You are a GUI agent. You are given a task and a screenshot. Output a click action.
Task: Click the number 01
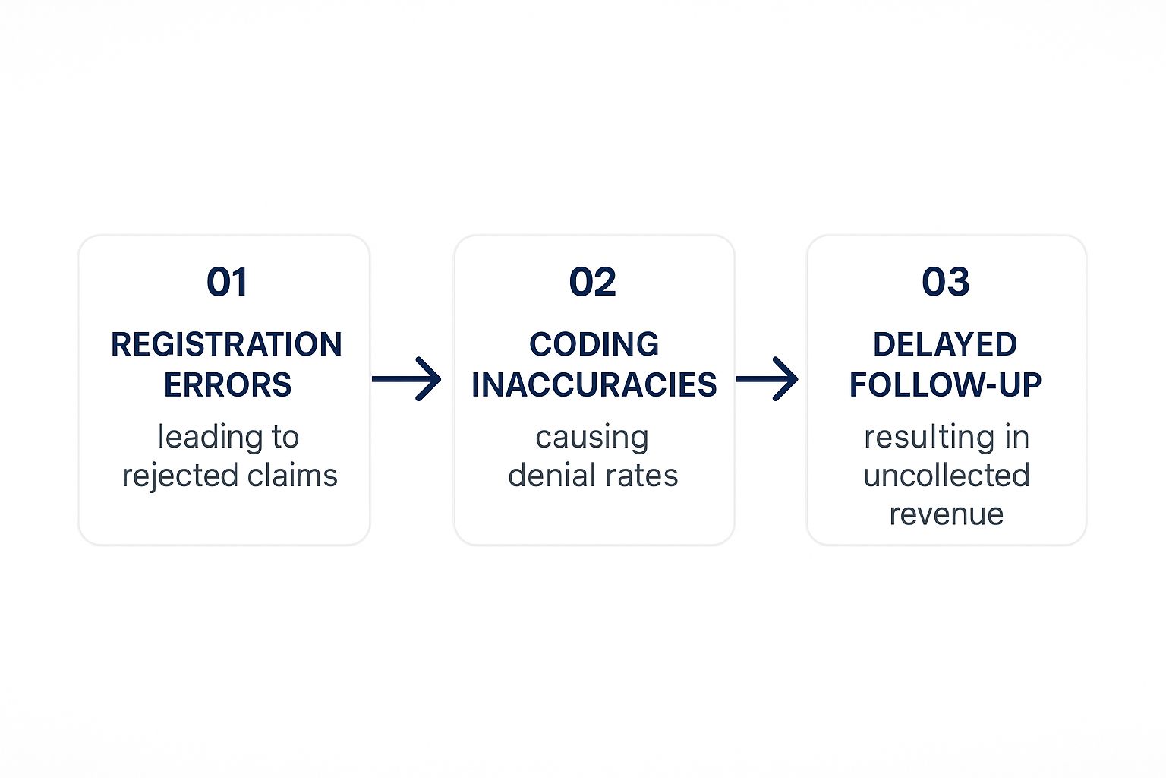[227, 282]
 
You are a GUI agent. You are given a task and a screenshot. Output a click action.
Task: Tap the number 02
[592, 282]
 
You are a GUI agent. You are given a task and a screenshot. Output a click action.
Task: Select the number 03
[945, 282]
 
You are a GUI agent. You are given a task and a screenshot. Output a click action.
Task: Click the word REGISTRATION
[226, 344]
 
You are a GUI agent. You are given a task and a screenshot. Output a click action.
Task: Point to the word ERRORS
[228, 384]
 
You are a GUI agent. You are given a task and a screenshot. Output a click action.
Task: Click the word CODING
[594, 344]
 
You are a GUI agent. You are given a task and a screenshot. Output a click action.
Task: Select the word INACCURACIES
[594, 384]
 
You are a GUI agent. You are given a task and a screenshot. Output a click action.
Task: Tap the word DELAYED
[945, 344]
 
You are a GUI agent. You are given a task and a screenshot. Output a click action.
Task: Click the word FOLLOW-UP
[945, 384]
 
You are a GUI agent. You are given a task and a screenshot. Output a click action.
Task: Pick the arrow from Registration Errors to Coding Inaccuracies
[407, 379]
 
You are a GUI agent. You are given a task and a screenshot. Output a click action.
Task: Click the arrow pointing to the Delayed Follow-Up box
[767, 379]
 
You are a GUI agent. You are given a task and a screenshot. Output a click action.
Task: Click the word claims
[292, 476]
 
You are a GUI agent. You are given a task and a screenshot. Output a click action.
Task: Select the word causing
[592, 438]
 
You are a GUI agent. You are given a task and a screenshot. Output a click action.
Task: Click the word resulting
[928, 438]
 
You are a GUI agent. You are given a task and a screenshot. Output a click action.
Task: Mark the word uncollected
[947, 476]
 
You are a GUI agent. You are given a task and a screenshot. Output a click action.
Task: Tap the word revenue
[947, 515]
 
